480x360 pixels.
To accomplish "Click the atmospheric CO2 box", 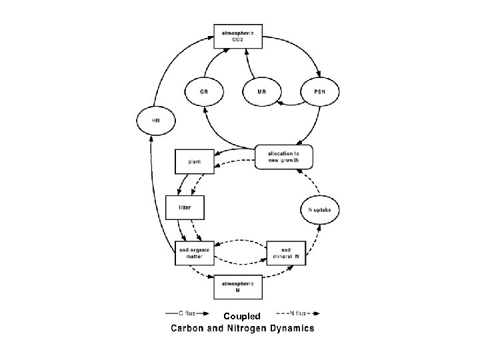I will (x=238, y=35).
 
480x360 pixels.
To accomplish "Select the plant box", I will (x=194, y=161).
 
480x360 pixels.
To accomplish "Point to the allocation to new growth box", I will (x=283, y=157).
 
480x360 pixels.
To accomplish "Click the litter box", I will (x=185, y=207).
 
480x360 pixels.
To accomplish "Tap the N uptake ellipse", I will (x=324, y=209).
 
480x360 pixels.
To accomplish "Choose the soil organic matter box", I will (x=194, y=253).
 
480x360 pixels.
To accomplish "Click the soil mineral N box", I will (x=286, y=253).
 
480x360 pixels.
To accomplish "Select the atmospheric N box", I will (x=238, y=289).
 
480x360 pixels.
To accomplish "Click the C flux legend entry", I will (x=187, y=311).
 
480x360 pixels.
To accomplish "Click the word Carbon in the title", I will (x=191, y=328).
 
